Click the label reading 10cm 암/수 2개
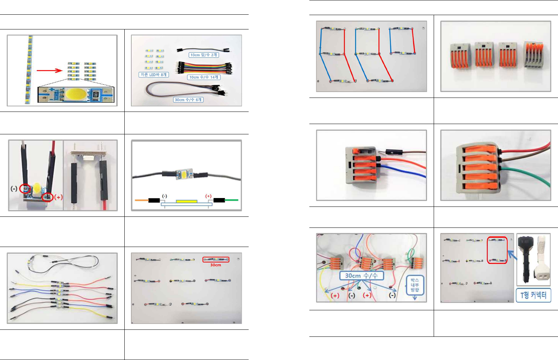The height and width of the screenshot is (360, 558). click(204, 55)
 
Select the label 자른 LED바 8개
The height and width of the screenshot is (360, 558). click(154, 75)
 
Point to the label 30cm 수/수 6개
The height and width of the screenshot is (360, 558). click(188, 100)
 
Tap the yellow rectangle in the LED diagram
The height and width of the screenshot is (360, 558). click(187, 201)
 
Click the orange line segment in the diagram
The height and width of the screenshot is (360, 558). click(142, 200)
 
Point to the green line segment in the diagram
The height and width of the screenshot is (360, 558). click(232, 200)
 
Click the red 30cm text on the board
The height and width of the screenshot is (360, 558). click(216, 265)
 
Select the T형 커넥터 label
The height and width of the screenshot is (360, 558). click(533, 295)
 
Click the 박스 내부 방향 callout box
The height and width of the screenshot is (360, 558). click(415, 285)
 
